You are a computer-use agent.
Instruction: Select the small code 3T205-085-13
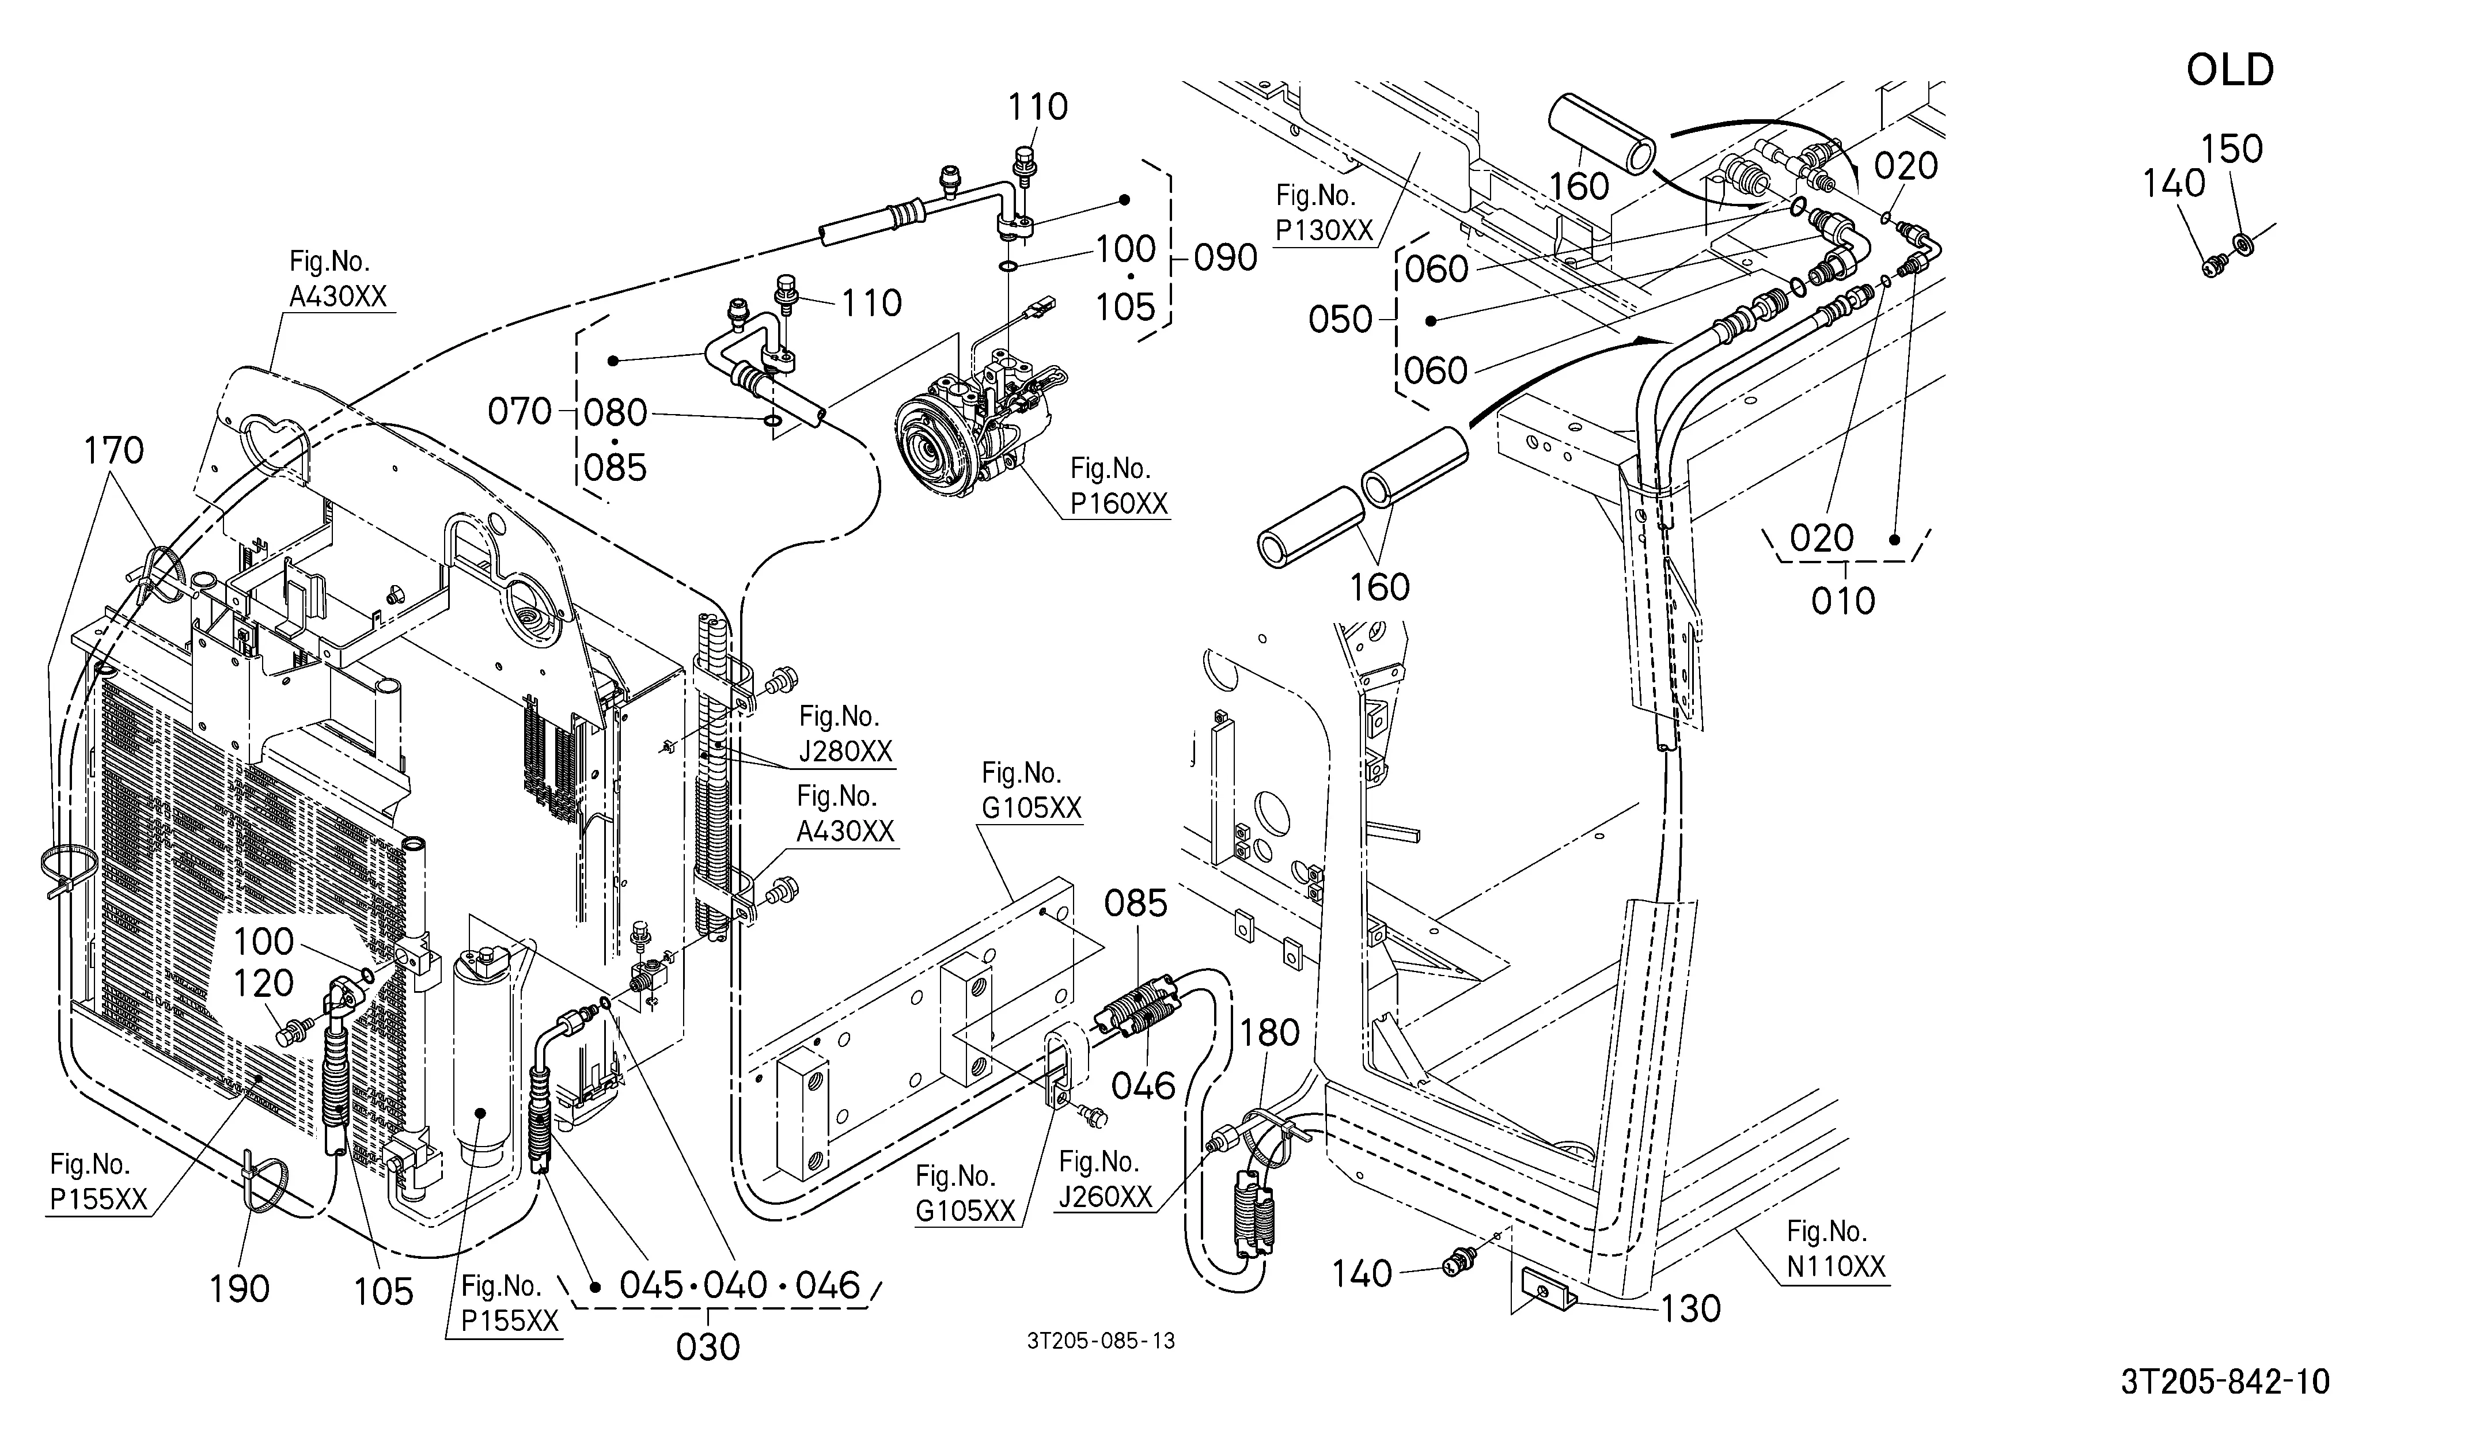click(x=1101, y=1341)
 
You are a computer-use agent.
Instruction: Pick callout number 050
click(x=1340, y=319)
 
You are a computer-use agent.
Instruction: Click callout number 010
click(x=1843, y=600)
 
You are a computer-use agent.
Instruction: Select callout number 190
click(x=240, y=1289)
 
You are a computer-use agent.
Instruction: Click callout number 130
click(x=1691, y=1308)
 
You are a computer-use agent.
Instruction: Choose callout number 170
click(x=114, y=451)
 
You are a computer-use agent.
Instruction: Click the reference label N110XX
click(x=1836, y=1267)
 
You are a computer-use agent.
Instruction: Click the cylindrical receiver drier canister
click(x=480, y=1061)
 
